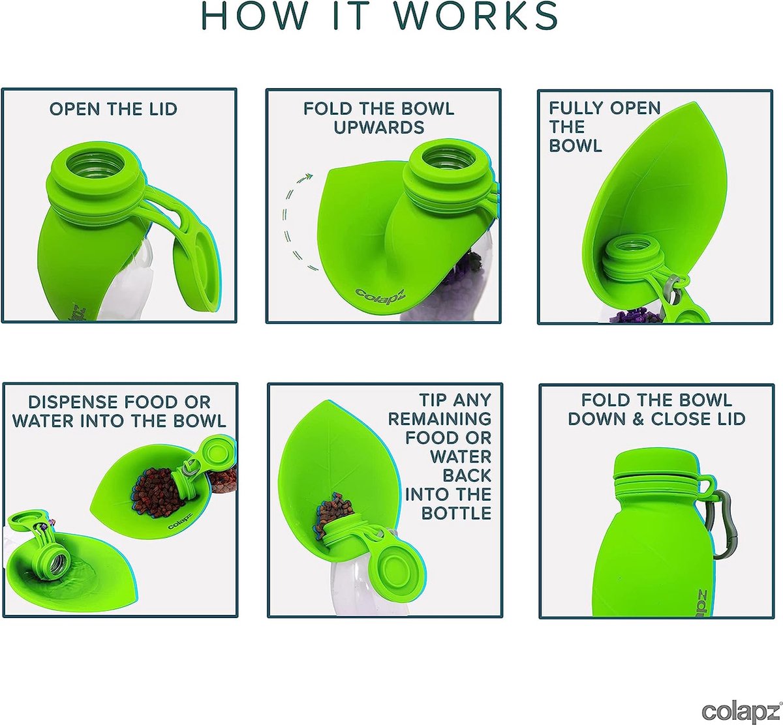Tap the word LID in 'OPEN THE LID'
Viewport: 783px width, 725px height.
(x=163, y=109)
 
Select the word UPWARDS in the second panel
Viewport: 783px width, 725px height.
(x=379, y=127)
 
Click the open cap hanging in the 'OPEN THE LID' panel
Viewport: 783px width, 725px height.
(x=197, y=272)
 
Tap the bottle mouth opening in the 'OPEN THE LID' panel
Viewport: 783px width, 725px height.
(x=95, y=162)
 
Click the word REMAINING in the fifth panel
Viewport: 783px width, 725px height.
(x=440, y=419)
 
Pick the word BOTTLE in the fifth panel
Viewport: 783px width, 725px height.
(x=456, y=513)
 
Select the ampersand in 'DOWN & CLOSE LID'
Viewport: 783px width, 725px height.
(x=639, y=419)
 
